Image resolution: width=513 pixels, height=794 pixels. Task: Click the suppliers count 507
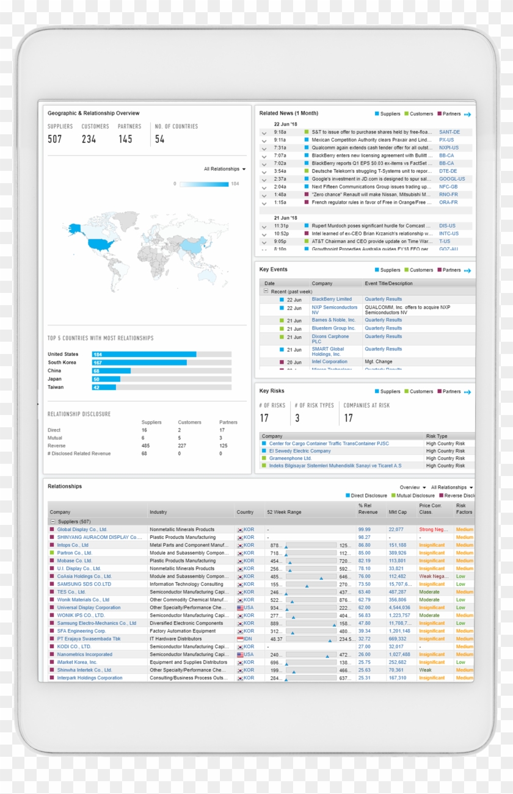[55, 139]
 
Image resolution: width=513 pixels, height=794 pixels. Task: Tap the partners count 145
[125, 139]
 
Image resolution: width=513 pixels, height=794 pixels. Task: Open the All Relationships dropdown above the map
[225, 169]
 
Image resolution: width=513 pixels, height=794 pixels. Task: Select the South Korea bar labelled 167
[139, 363]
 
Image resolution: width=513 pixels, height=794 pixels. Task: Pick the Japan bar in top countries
[106, 379]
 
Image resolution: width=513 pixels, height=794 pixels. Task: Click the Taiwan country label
[56, 388]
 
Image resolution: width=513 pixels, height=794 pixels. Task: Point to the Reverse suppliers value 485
[145, 446]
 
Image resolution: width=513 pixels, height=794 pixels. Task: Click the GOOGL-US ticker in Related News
[451, 179]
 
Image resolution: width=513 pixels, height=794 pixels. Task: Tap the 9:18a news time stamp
[280, 132]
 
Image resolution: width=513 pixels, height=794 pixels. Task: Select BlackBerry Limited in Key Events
[332, 299]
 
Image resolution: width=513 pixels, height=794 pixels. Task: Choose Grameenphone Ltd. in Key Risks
[290, 458]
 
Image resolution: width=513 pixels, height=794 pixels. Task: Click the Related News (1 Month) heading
[288, 114]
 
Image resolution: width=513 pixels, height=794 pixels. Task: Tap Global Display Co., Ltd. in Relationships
[82, 530]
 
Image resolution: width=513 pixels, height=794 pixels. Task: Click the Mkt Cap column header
[397, 512]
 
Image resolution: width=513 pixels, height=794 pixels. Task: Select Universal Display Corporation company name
[89, 608]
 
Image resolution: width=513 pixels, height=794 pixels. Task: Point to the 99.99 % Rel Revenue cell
[364, 530]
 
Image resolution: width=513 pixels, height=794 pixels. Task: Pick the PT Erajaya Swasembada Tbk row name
[89, 639]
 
